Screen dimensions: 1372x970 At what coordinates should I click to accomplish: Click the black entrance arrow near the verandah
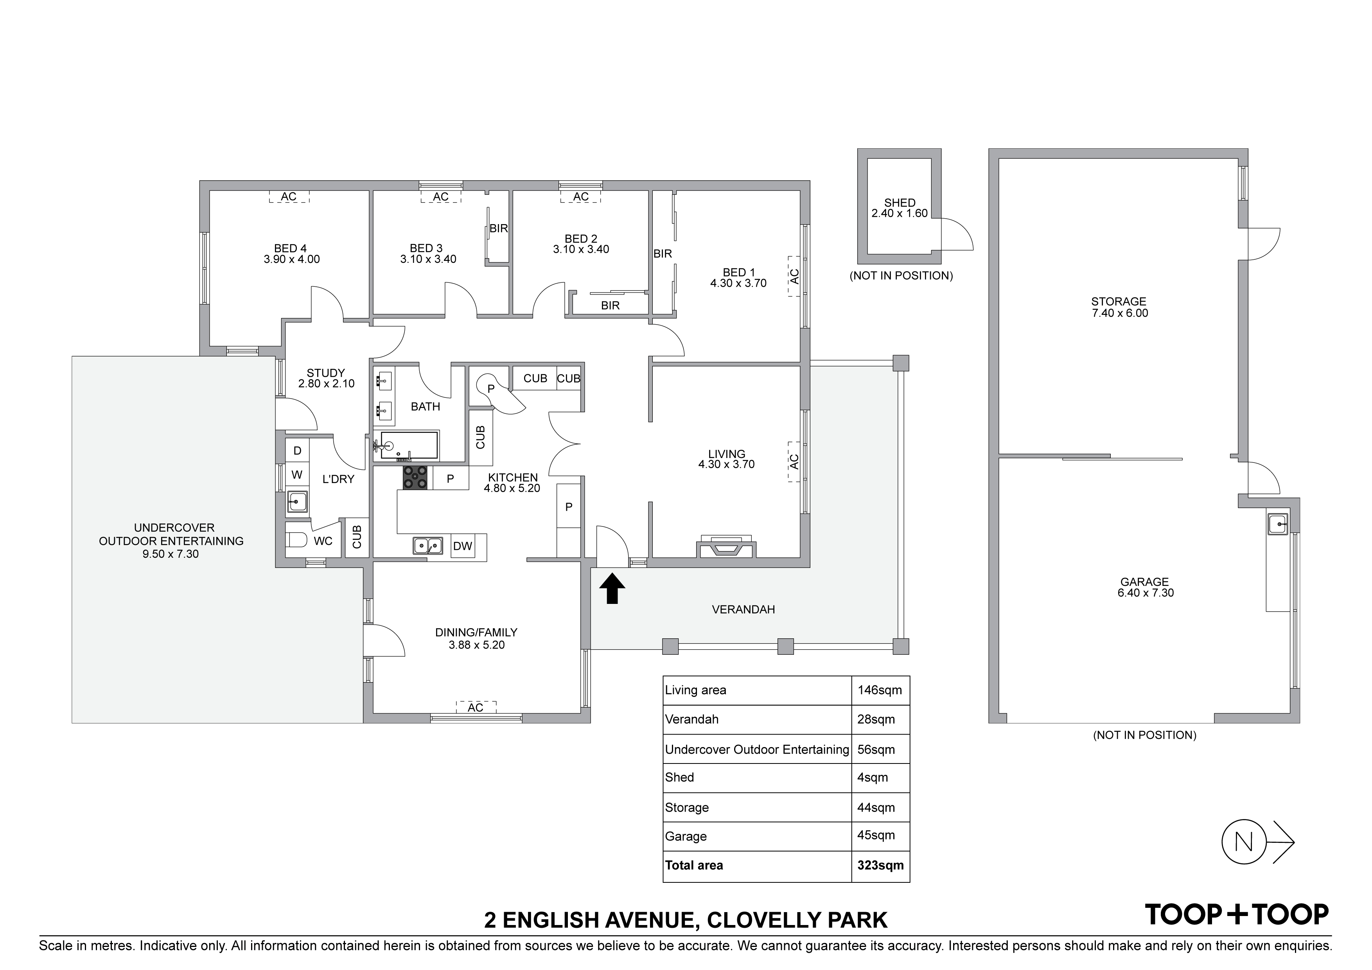pos(612,589)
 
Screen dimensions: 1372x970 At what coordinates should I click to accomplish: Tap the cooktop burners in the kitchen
pos(415,478)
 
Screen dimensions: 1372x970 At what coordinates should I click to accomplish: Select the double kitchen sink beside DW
pos(428,546)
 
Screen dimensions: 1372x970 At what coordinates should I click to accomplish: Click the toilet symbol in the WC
pos(296,540)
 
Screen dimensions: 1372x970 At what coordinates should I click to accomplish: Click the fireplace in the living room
pos(726,548)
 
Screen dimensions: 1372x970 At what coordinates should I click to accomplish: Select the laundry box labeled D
pos(297,451)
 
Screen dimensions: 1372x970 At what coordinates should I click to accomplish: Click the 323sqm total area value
pos(880,866)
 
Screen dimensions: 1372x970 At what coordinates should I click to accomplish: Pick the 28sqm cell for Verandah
pos(876,720)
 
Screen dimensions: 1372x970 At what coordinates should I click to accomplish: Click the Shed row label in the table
pos(679,778)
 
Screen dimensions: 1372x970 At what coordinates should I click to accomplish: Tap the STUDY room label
pos(326,373)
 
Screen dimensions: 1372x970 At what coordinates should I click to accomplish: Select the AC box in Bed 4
pos(289,197)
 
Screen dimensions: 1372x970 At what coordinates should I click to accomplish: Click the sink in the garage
pos(1278,524)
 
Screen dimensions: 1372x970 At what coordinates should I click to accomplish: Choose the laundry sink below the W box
pos(297,501)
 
